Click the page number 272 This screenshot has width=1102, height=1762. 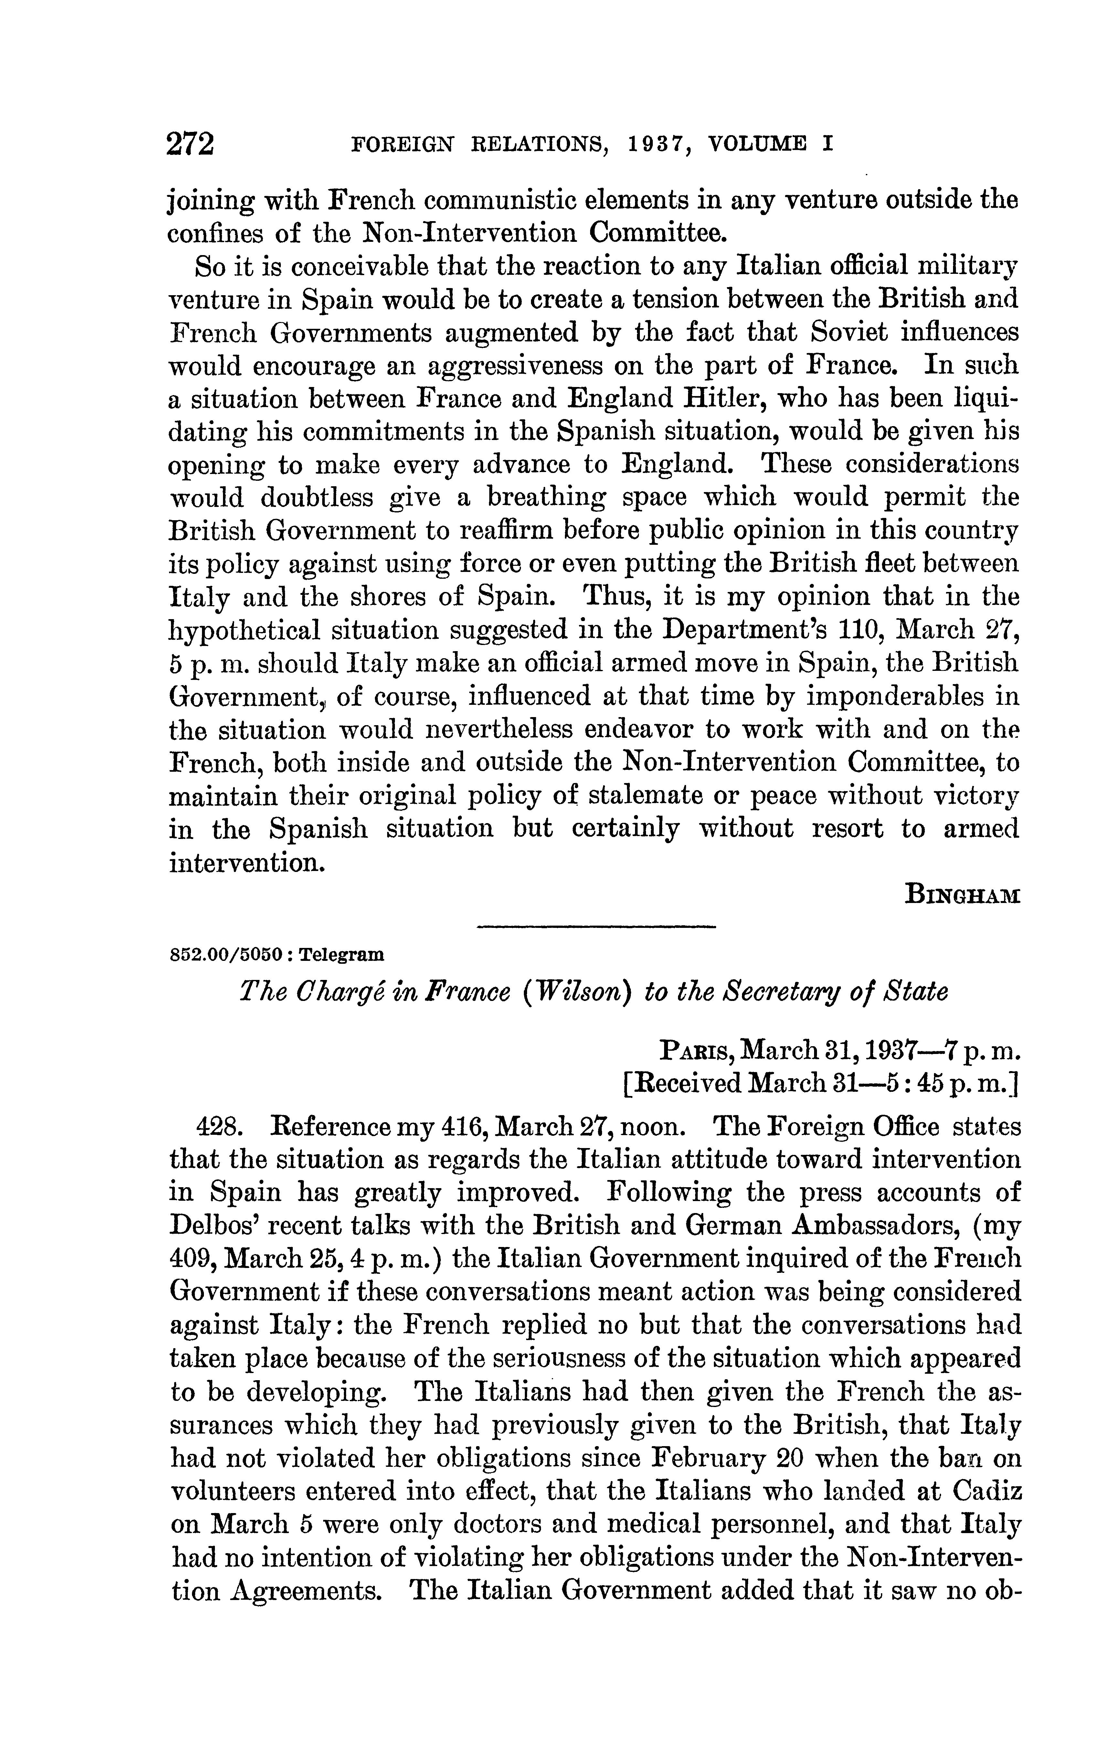click(x=191, y=144)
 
